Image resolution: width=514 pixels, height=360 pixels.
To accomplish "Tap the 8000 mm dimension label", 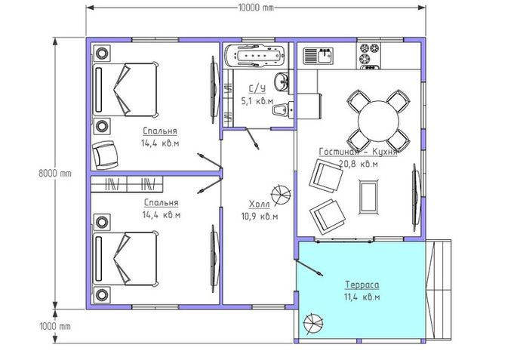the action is coord(55,173).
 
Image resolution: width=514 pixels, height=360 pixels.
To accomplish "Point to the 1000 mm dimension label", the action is coord(55,327).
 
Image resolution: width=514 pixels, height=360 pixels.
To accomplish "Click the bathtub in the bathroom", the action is coord(256,56).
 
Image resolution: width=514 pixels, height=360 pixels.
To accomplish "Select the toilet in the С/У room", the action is coord(283,109).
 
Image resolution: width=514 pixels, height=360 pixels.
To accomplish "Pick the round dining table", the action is coord(378,121).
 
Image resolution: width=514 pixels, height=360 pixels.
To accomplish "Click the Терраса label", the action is coord(362,285).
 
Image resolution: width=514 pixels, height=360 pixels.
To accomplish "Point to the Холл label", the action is coord(260,205).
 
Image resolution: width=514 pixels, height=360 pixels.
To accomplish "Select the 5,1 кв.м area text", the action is coord(257,101).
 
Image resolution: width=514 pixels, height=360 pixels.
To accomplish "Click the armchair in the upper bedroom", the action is coord(105,155).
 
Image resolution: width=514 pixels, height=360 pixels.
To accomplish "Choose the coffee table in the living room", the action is coord(368,197).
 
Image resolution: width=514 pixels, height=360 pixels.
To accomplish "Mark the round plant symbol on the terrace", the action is coord(313,323).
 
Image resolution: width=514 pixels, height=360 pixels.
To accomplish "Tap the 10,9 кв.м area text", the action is coord(260,217).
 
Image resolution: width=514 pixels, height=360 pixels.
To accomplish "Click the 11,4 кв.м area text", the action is coord(362,297).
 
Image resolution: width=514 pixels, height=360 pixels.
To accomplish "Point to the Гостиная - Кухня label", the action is coord(358,152).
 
